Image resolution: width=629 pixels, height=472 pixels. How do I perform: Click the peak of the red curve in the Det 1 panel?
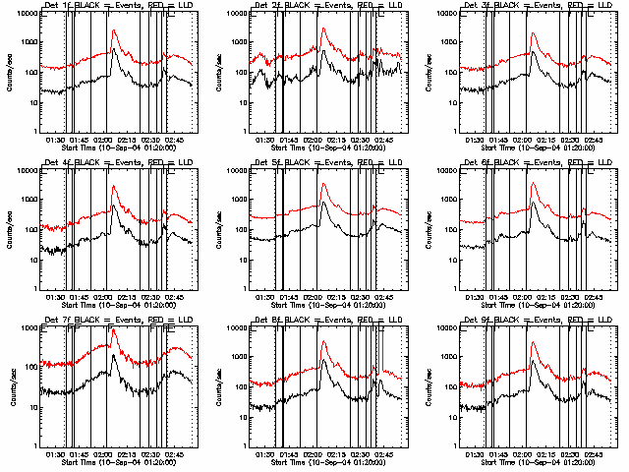click(114, 30)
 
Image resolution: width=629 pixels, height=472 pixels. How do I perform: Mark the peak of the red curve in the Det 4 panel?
click(114, 186)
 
